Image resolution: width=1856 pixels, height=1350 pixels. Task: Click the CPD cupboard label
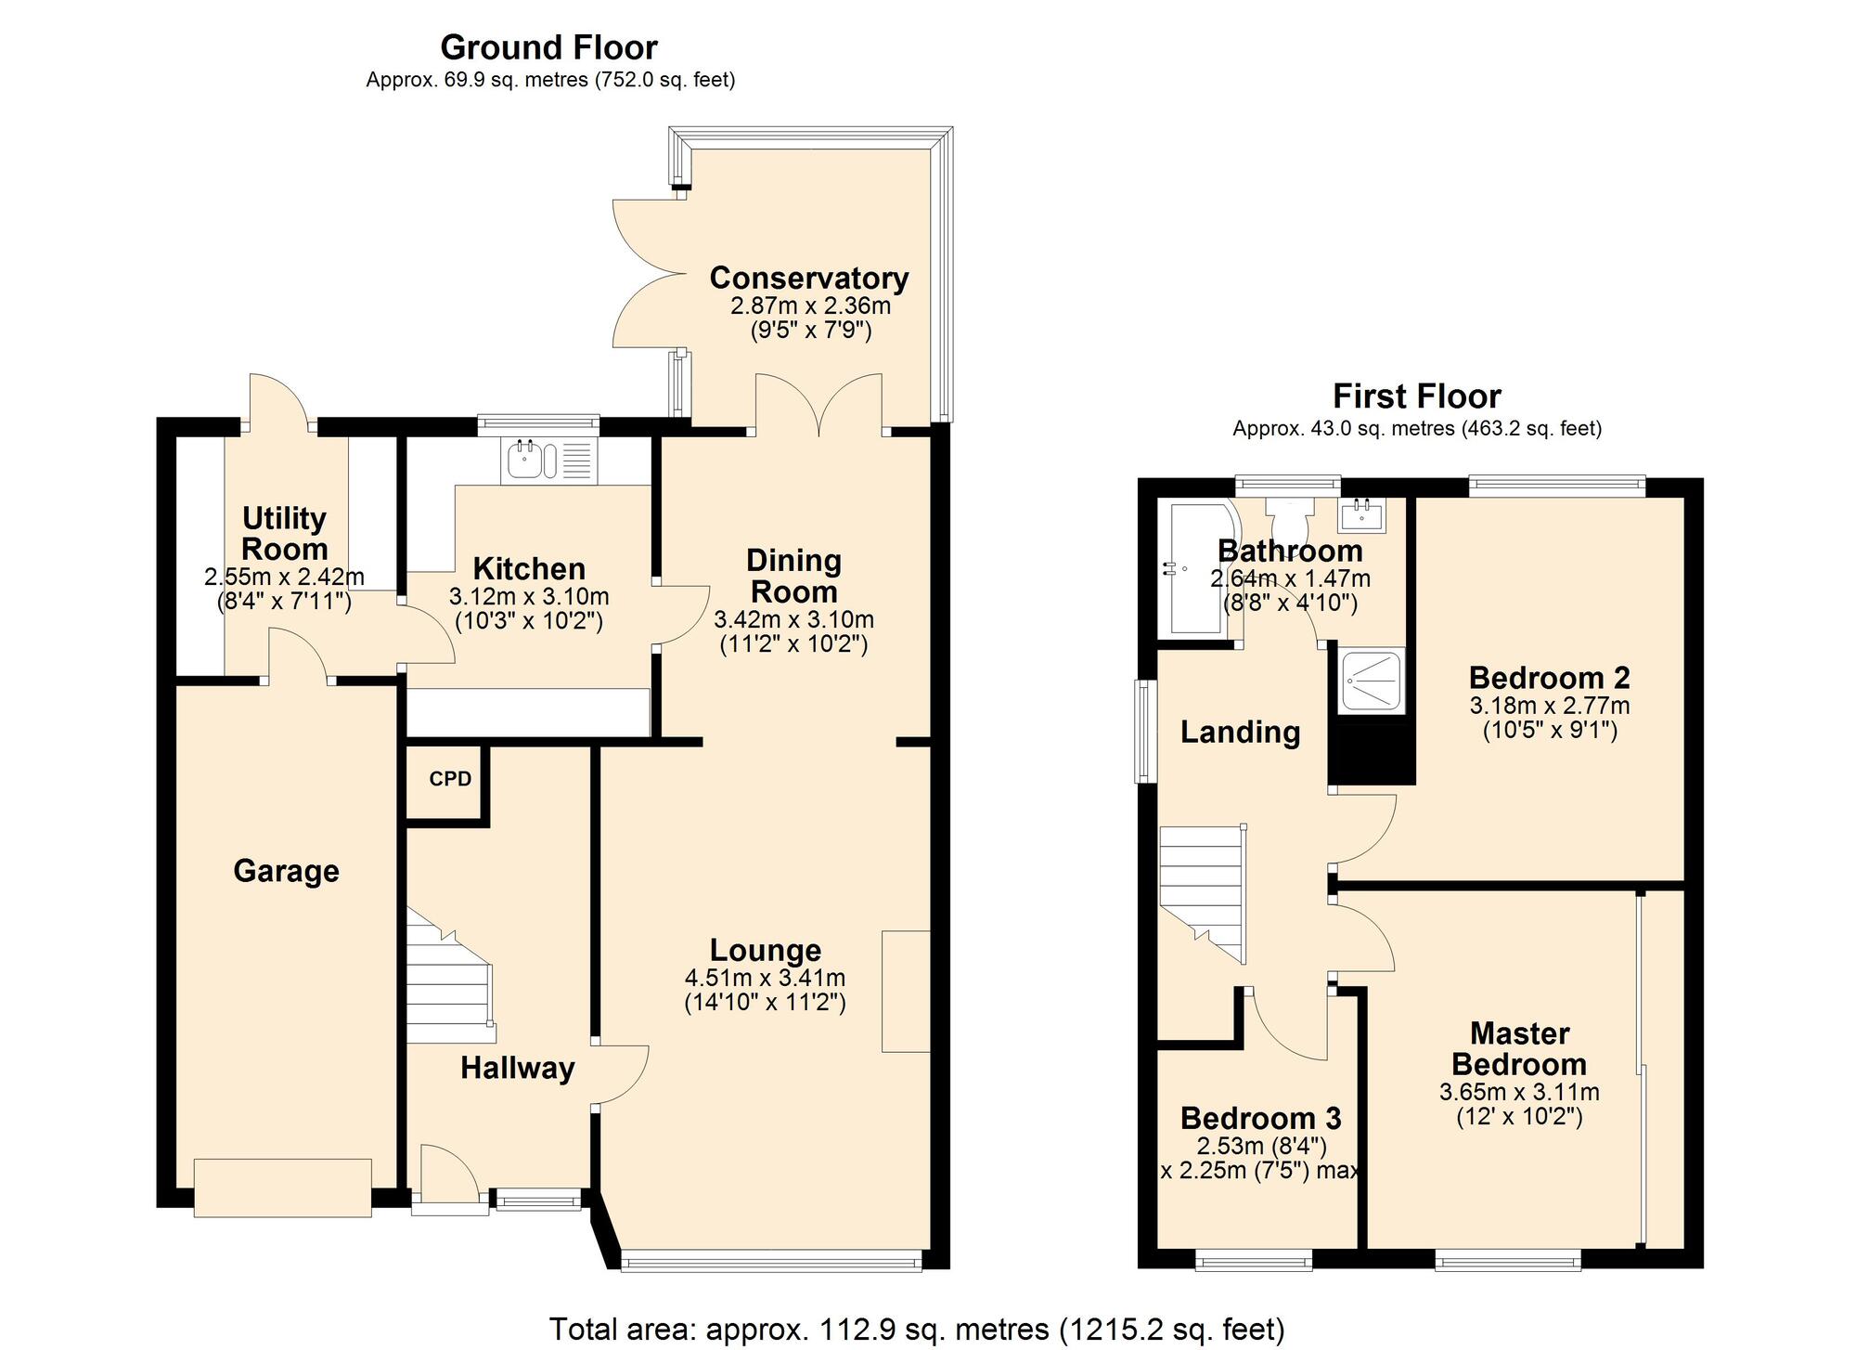tap(450, 779)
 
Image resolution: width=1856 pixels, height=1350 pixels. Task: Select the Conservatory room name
tap(809, 278)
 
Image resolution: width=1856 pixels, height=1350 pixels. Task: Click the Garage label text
tap(286, 871)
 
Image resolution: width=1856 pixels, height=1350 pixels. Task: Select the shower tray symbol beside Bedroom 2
tap(1371, 681)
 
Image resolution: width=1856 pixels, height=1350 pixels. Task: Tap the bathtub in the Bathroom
tap(1196, 568)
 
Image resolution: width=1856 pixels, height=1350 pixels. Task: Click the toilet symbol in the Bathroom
tap(1289, 515)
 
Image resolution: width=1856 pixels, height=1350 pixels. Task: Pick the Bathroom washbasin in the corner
tap(1361, 513)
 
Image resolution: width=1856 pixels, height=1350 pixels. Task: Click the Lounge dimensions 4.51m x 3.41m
tap(765, 978)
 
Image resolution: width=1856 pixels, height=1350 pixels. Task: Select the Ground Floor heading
tap(548, 47)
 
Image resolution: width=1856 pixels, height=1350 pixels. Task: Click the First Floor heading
tap(1416, 396)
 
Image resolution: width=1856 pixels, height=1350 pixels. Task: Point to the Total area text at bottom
tap(917, 1329)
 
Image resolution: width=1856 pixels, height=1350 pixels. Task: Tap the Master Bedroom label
tap(1519, 1048)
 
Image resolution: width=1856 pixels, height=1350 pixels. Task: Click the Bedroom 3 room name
tap(1260, 1118)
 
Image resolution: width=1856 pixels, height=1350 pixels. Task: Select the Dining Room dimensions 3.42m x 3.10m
tap(793, 619)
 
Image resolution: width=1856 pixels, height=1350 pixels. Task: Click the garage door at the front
tap(282, 1188)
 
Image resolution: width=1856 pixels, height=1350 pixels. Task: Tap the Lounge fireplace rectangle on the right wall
tap(905, 991)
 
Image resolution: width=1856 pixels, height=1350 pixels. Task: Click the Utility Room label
tap(284, 533)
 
